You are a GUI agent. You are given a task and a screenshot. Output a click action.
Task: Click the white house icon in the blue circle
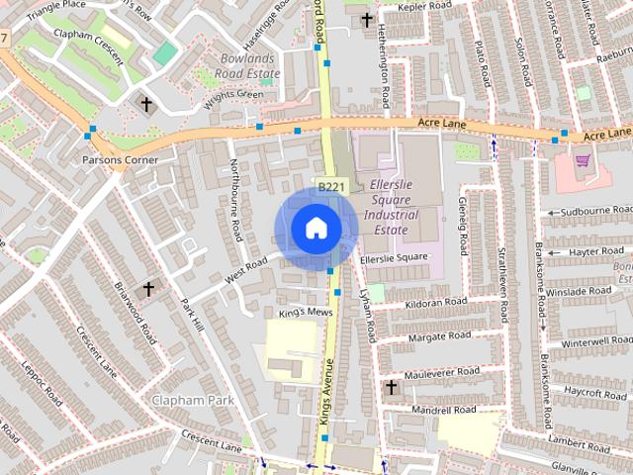(x=315, y=229)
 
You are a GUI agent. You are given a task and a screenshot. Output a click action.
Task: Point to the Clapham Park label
(x=191, y=400)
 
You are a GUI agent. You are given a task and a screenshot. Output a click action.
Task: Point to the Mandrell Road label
(x=443, y=409)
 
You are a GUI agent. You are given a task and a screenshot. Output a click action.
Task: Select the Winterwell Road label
(x=595, y=341)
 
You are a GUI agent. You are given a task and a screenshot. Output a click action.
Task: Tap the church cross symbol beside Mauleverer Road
(x=391, y=387)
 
